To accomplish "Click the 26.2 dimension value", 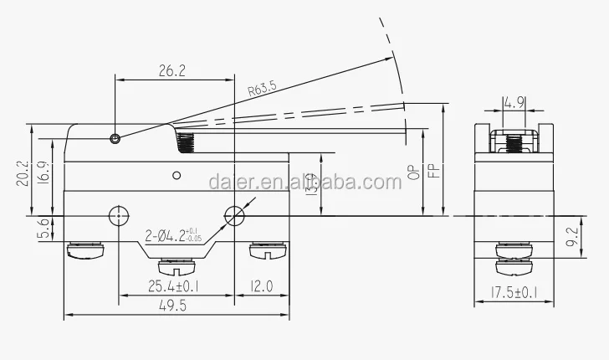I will [173, 72].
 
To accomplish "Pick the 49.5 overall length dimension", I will [176, 308].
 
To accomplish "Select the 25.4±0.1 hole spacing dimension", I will [175, 285].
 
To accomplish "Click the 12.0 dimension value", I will [261, 285].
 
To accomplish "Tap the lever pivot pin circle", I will [115, 138].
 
